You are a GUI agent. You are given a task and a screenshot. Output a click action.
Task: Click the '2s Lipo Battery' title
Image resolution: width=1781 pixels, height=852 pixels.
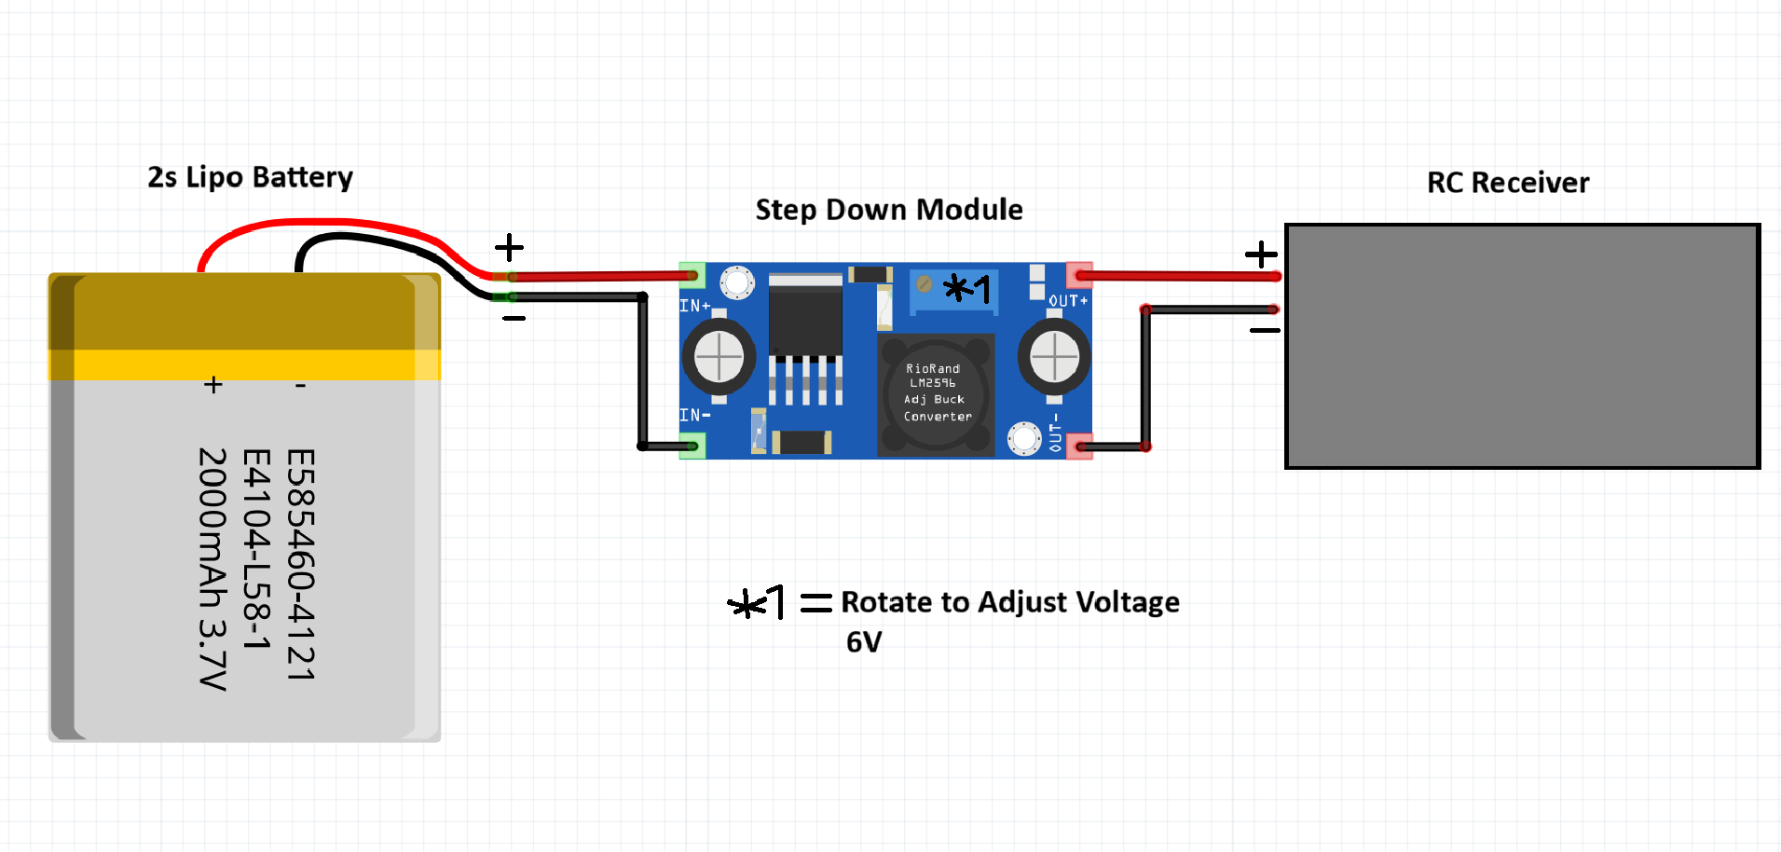(250, 177)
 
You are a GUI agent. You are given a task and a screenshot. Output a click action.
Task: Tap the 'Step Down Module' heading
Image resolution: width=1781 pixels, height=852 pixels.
(889, 210)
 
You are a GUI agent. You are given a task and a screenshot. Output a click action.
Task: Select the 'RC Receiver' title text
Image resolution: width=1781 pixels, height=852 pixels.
(1508, 183)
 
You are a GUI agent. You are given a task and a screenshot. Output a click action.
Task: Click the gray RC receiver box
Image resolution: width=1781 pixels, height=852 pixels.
(1522, 346)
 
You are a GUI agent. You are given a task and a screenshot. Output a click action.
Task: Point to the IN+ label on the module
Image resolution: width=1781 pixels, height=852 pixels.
(695, 306)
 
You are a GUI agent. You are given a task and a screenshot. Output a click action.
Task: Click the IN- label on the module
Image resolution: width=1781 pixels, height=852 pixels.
(695, 415)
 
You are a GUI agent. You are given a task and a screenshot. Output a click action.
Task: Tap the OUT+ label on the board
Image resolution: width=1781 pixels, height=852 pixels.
(1068, 301)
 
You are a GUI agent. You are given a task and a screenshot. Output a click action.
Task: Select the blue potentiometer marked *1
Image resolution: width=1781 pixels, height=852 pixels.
(953, 290)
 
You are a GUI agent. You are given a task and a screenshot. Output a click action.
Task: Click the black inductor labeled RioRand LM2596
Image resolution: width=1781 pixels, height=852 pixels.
(936, 394)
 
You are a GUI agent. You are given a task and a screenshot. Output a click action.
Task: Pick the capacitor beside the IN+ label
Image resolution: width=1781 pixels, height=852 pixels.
(719, 356)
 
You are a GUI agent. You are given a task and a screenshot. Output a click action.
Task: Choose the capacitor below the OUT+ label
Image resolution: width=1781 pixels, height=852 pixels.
(1054, 356)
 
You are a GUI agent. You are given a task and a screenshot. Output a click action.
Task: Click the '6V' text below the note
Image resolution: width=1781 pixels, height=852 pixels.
(864, 642)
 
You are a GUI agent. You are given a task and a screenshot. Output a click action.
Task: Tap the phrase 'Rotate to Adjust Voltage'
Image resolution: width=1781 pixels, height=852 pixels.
(1010, 602)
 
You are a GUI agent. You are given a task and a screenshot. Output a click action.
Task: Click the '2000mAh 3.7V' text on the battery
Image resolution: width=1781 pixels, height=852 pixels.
(213, 569)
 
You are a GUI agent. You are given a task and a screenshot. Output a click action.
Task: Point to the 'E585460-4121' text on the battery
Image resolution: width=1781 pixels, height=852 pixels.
(301, 565)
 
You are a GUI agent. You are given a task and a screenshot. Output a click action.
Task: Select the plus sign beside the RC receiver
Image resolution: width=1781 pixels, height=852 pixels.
(1261, 254)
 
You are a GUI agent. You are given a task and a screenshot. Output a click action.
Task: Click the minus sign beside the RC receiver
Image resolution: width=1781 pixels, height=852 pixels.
(1265, 330)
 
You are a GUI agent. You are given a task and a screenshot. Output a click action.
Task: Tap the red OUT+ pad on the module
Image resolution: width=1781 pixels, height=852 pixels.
(1079, 275)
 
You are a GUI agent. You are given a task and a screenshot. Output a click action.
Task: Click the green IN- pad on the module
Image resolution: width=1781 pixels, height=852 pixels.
(692, 446)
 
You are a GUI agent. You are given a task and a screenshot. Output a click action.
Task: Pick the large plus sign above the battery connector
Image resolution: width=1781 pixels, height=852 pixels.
(509, 248)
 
